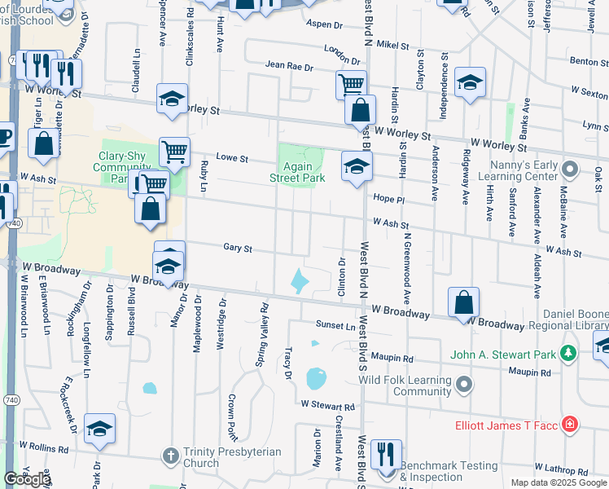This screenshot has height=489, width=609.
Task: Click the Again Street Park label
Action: [x=297, y=171]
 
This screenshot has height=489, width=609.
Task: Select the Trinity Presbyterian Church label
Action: [x=232, y=457]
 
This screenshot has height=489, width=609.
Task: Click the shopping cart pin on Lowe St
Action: [x=174, y=152]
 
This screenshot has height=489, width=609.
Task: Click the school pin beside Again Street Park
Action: [x=356, y=167]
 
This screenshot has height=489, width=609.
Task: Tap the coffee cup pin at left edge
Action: [x=4, y=137]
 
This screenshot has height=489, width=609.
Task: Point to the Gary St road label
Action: [x=238, y=248]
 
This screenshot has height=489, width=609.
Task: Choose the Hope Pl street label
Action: [x=389, y=200]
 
